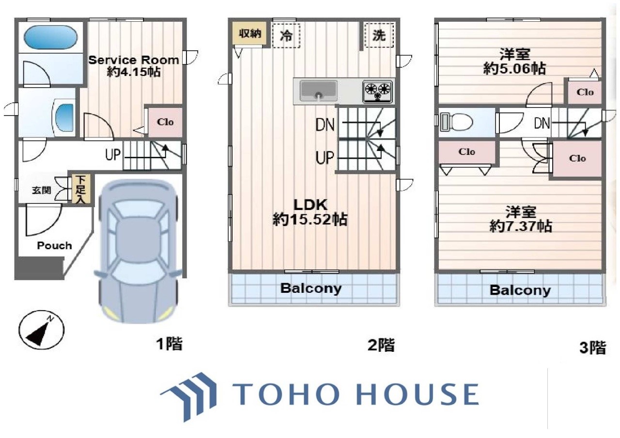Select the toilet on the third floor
[x=456, y=121]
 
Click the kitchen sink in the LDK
[x=319, y=91]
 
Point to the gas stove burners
[x=377, y=91]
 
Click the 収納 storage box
[x=249, y=33]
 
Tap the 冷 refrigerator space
[x=286, y=36]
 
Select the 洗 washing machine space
[x=379, y=35]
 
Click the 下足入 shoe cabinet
[x=81, y=190]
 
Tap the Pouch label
[x=55, y=245]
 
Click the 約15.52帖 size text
[x=310, y=220]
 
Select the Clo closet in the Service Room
[x=165, y=122]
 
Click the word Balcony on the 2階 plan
[x=311, y=288]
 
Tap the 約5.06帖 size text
[x=514, y=69]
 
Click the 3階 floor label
[x=593, y=347]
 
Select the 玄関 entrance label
[x=42, y=191]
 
